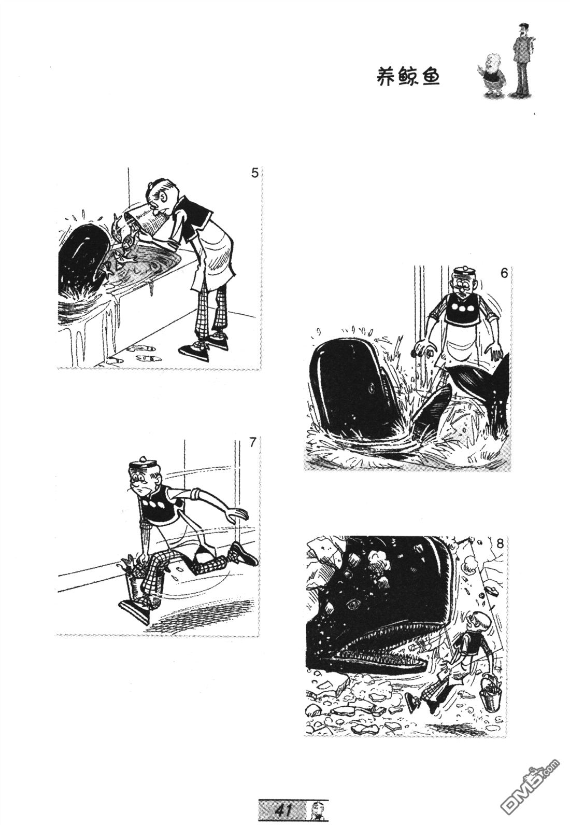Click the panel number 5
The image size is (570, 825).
click(x=254, y=173)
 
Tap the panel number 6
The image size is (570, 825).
click(x=504, y=273)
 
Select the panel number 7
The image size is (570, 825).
click(x=252, y=442)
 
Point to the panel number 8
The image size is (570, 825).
click(x=500, y=543)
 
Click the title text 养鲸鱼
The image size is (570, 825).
click(x=408, y=77)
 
